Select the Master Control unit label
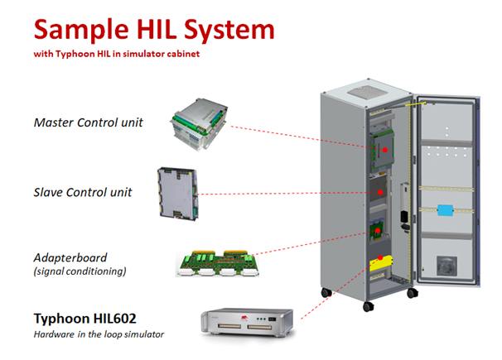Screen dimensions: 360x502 coord(88,122)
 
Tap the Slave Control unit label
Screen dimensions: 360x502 coord(82,193)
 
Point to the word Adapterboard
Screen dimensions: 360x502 coord(71,257)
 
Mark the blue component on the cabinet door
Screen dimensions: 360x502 coord(446,209)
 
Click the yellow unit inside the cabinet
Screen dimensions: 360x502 coord(379,263)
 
